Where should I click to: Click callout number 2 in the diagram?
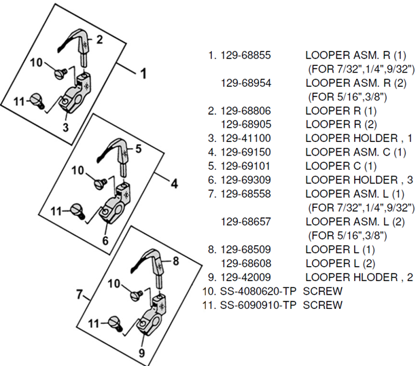point(99,39)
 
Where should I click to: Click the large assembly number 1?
point(143,72)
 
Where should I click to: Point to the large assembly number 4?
point(174,183)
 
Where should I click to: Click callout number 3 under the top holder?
point(66,126)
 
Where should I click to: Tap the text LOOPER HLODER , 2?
point(360,277)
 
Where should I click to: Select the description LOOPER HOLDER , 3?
point(360,179)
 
